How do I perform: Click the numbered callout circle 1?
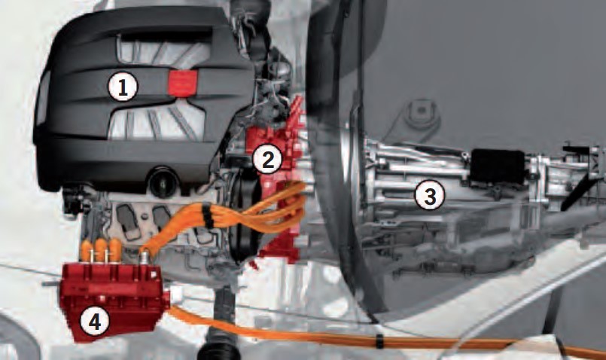(123, 87)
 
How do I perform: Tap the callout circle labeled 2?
(267, 160)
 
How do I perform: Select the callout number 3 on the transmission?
(429, 195)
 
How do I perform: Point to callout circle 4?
(95, 321)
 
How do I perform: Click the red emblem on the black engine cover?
(183, 83)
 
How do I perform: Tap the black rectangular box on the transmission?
(498, 166)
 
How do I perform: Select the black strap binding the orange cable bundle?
(208, 215)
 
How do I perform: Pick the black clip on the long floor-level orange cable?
(380, 340)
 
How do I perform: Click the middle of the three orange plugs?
(101, 249)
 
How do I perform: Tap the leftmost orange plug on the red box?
(87, 250)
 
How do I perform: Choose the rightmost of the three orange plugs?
(115, 249)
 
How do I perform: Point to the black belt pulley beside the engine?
(242, 217)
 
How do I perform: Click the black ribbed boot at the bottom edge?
(218, 347)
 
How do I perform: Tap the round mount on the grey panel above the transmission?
(420, 112)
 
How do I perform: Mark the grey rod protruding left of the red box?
(52, 283)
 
